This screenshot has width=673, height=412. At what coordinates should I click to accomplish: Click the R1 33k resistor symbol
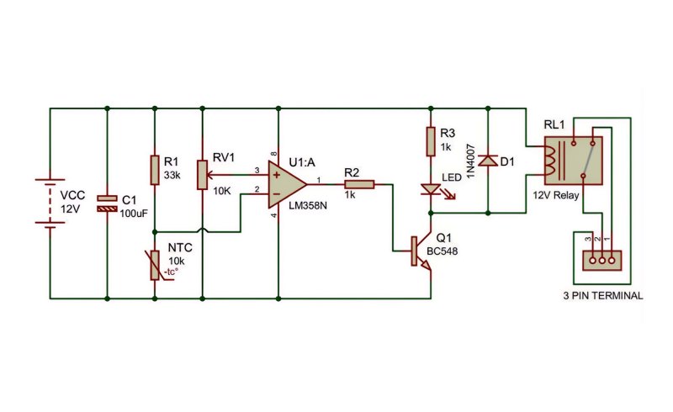coord(155,171)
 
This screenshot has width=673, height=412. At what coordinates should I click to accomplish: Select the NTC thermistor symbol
coord(156,266)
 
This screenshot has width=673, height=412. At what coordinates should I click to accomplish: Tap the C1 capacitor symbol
coord(107,203)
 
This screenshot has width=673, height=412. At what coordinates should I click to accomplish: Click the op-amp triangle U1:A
coord(287,184)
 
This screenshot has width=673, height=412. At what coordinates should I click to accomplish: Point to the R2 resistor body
coord(360,184)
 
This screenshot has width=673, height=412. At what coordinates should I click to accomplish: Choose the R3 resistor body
coord(431,141)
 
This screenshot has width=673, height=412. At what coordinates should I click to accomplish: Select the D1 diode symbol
coord(488,161)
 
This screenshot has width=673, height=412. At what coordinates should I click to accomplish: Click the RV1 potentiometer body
coord(203,175)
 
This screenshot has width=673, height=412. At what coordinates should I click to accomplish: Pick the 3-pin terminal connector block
coord(601,261)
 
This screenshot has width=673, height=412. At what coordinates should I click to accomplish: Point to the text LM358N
coord(308,205)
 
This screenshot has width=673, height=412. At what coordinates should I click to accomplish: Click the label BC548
coord(442,251)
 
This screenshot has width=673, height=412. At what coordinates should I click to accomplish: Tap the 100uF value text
coord(134,214)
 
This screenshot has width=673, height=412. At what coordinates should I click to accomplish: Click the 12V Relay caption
coord(556,195)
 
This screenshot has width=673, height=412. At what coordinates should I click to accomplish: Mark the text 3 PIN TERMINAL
coord(603,296)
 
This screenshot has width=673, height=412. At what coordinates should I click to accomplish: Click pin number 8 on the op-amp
coord(274,154)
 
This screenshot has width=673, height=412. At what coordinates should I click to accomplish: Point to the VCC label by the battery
coord(72,196)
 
